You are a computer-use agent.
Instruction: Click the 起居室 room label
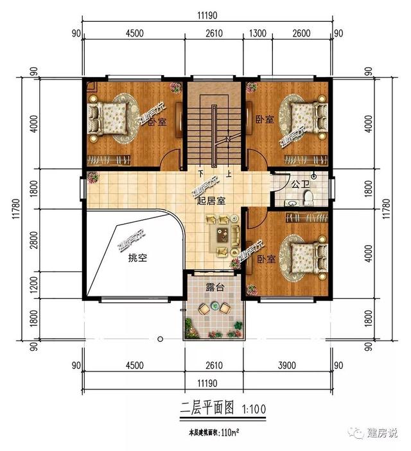pos(211,201)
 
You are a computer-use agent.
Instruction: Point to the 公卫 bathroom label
pos(300,185)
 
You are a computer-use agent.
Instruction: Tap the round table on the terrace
pos(214,309)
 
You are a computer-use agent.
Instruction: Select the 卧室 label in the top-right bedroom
pos(264,119)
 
